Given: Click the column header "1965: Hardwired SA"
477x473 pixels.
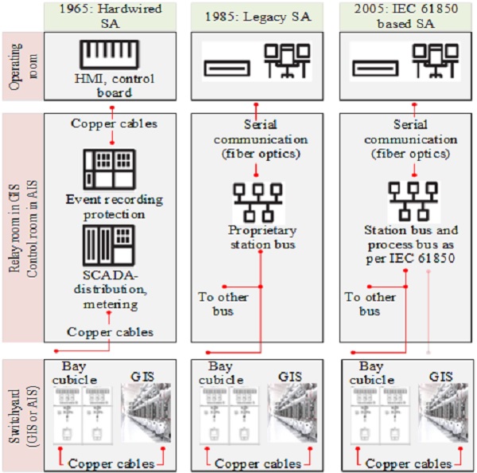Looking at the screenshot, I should [x=111, y=15].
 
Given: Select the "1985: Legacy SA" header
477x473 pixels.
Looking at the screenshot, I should [x=256, y=15].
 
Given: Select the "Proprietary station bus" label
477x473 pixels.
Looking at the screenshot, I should [x=257, y=236].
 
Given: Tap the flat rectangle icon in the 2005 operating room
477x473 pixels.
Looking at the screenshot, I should [x=374, y=69].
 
